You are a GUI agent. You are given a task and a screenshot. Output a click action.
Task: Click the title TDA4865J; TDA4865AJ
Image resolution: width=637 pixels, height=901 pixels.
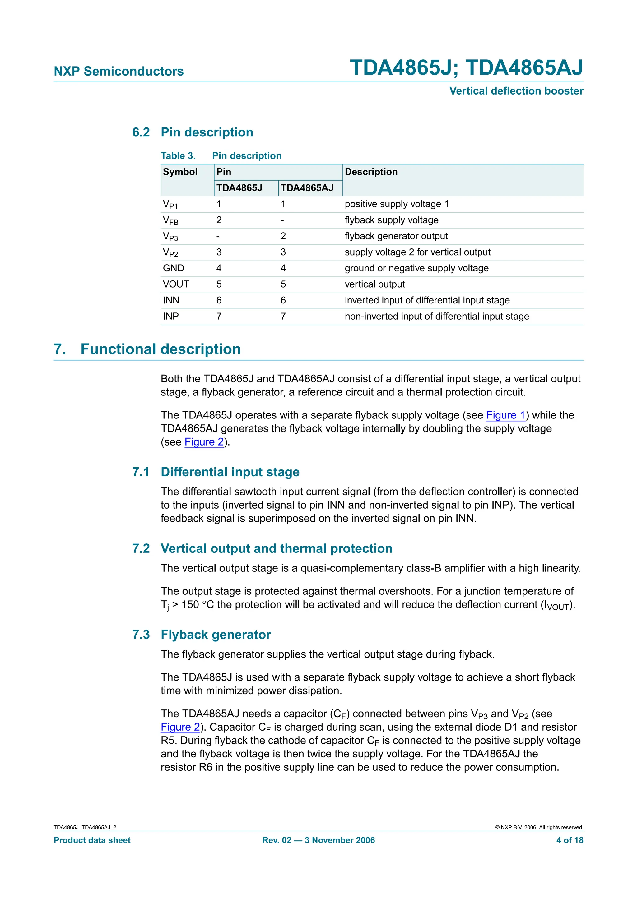(466, 67)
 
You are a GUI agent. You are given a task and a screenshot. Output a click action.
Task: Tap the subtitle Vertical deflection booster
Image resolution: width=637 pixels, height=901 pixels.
(516, 91)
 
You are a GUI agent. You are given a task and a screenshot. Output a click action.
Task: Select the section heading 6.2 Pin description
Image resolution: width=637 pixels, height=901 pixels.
(192, 132)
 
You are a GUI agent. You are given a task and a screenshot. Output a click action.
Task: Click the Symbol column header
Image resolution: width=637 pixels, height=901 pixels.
(180, 172)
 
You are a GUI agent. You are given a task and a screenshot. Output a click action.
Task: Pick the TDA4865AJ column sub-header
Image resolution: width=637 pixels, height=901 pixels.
(307, 188)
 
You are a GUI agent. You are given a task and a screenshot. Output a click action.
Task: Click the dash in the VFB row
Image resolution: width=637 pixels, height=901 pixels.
(282, 220)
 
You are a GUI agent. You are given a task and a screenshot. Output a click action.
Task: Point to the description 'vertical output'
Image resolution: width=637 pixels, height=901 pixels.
(374, 284)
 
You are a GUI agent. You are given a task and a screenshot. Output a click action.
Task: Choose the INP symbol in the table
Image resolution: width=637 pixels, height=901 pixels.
(171, 316)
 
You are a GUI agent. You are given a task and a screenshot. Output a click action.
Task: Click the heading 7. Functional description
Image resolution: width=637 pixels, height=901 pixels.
(147, 349)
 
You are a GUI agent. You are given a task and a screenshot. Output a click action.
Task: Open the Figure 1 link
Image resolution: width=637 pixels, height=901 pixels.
(505, 415)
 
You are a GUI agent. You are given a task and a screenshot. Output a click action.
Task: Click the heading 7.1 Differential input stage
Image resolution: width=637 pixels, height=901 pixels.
(216, 472)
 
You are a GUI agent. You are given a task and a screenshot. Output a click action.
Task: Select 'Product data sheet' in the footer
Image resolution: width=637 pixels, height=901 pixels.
(92, 840)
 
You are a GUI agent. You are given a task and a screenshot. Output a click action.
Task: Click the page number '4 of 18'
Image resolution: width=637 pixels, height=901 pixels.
(569, 840)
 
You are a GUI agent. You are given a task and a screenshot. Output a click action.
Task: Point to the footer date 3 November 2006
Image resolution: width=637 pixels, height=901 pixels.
(340, 840)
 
